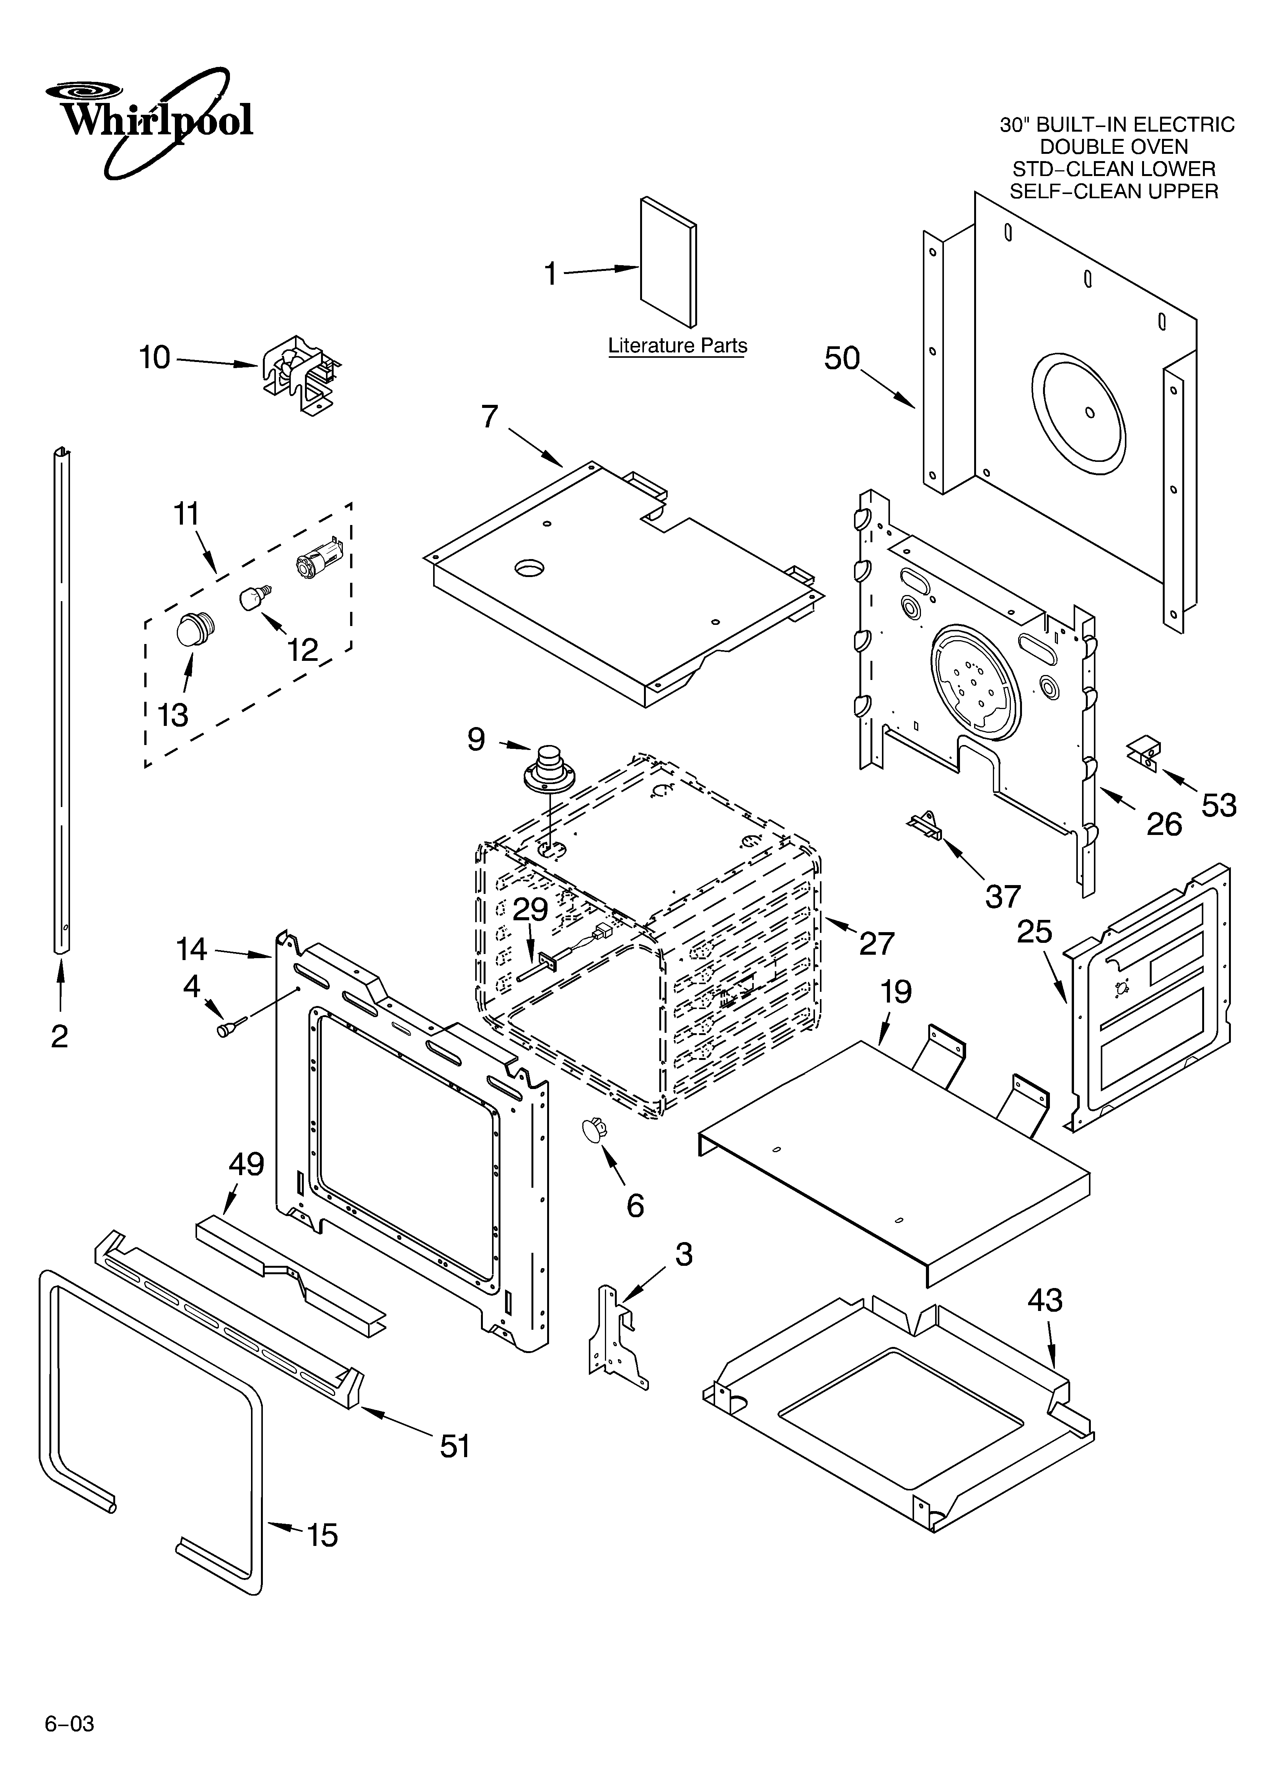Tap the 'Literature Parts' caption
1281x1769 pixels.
click(677, 346)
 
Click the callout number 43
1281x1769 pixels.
click(1045, 1300)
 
